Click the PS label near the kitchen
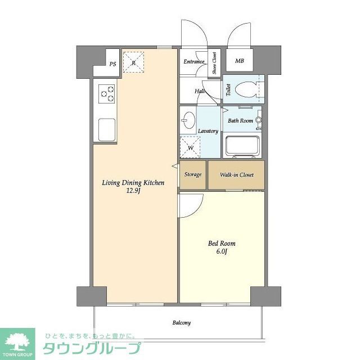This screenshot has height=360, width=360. click(112, 64)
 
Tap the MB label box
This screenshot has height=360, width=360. click(240, 61)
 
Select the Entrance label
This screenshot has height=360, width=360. click(193, 61)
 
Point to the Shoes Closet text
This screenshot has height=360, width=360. click(214, 63)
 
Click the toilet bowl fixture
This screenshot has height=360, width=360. click(246, 89)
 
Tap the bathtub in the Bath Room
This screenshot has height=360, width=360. click(242, 146)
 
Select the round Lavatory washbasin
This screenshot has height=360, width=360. click(189, 120)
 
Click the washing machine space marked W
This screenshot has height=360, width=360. click(190, 147)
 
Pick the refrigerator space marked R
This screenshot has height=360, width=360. click(133, 62)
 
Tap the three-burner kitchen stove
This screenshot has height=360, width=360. click(107, 93)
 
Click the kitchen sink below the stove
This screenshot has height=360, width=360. click(106, 130)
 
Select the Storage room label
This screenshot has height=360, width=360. click(193, 174)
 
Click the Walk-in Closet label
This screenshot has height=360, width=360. click(236, 174)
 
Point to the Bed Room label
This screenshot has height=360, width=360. click(222, 244)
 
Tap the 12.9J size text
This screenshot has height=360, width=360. click(133, 191)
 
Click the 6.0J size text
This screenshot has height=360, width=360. click(222, 251)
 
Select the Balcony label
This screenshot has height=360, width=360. click(181, 323)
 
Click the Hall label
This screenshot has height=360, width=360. click(200, 91)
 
